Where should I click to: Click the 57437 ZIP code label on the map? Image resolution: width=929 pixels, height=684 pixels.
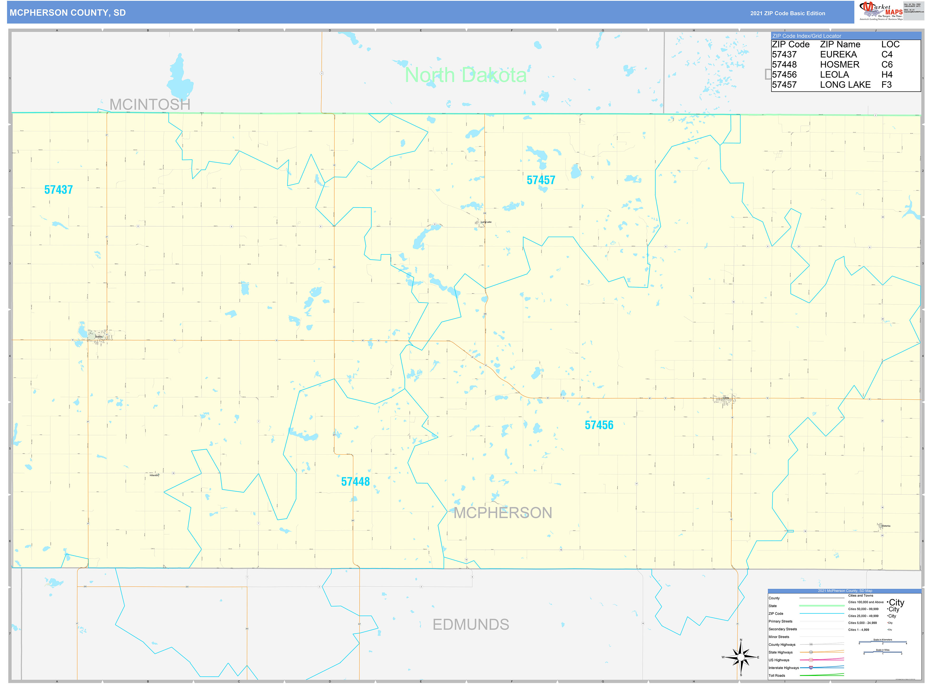(x=58, y=190)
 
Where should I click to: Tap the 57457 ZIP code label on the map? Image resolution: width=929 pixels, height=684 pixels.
(x=540, y=180)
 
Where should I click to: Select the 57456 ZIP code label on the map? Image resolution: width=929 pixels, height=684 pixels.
(x=599, y=425)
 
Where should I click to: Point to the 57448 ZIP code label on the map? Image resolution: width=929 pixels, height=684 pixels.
(x=355, y=481)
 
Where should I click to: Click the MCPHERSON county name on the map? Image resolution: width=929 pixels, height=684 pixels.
(x=503, y=512)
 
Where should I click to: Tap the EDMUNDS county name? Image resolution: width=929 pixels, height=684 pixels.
(x=471, y=624)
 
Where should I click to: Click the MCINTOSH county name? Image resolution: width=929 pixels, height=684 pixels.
(x=150, y=104)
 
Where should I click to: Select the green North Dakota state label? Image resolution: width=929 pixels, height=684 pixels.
(x=465, y=75)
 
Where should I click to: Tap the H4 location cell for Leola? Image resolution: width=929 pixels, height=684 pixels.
(x=886, y=74)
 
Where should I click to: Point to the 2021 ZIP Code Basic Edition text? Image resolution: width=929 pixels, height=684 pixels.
(x=787, y=13)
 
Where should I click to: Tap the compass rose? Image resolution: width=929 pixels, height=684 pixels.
(x=741, y=657)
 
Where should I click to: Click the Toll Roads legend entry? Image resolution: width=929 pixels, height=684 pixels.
(x=777, y=675)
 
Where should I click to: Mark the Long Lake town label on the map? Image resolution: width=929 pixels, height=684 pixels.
(x=486, y=222)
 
